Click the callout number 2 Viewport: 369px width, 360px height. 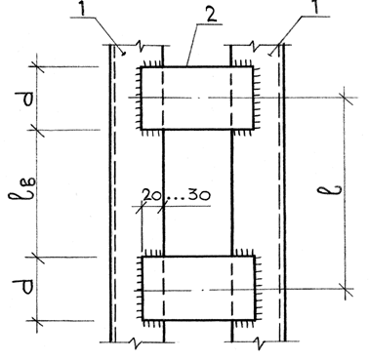212,15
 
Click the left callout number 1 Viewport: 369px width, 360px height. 82,9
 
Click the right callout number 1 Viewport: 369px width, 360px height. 316,7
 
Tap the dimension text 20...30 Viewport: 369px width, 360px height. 177,195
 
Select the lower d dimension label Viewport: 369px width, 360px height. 25,287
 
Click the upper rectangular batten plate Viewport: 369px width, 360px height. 197,99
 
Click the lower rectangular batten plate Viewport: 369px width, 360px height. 198,288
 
